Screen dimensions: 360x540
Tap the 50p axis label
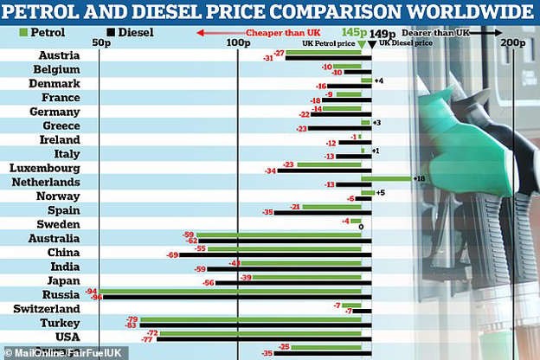(x=100, y=42)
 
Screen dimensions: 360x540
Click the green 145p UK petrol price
(x=354, y=32)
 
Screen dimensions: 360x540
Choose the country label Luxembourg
(x=44, y=167)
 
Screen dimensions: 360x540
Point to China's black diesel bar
(x=276, y=255)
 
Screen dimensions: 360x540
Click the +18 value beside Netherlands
(x=420, y=178)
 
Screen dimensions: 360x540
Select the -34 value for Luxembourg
(x=270, y=170)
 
